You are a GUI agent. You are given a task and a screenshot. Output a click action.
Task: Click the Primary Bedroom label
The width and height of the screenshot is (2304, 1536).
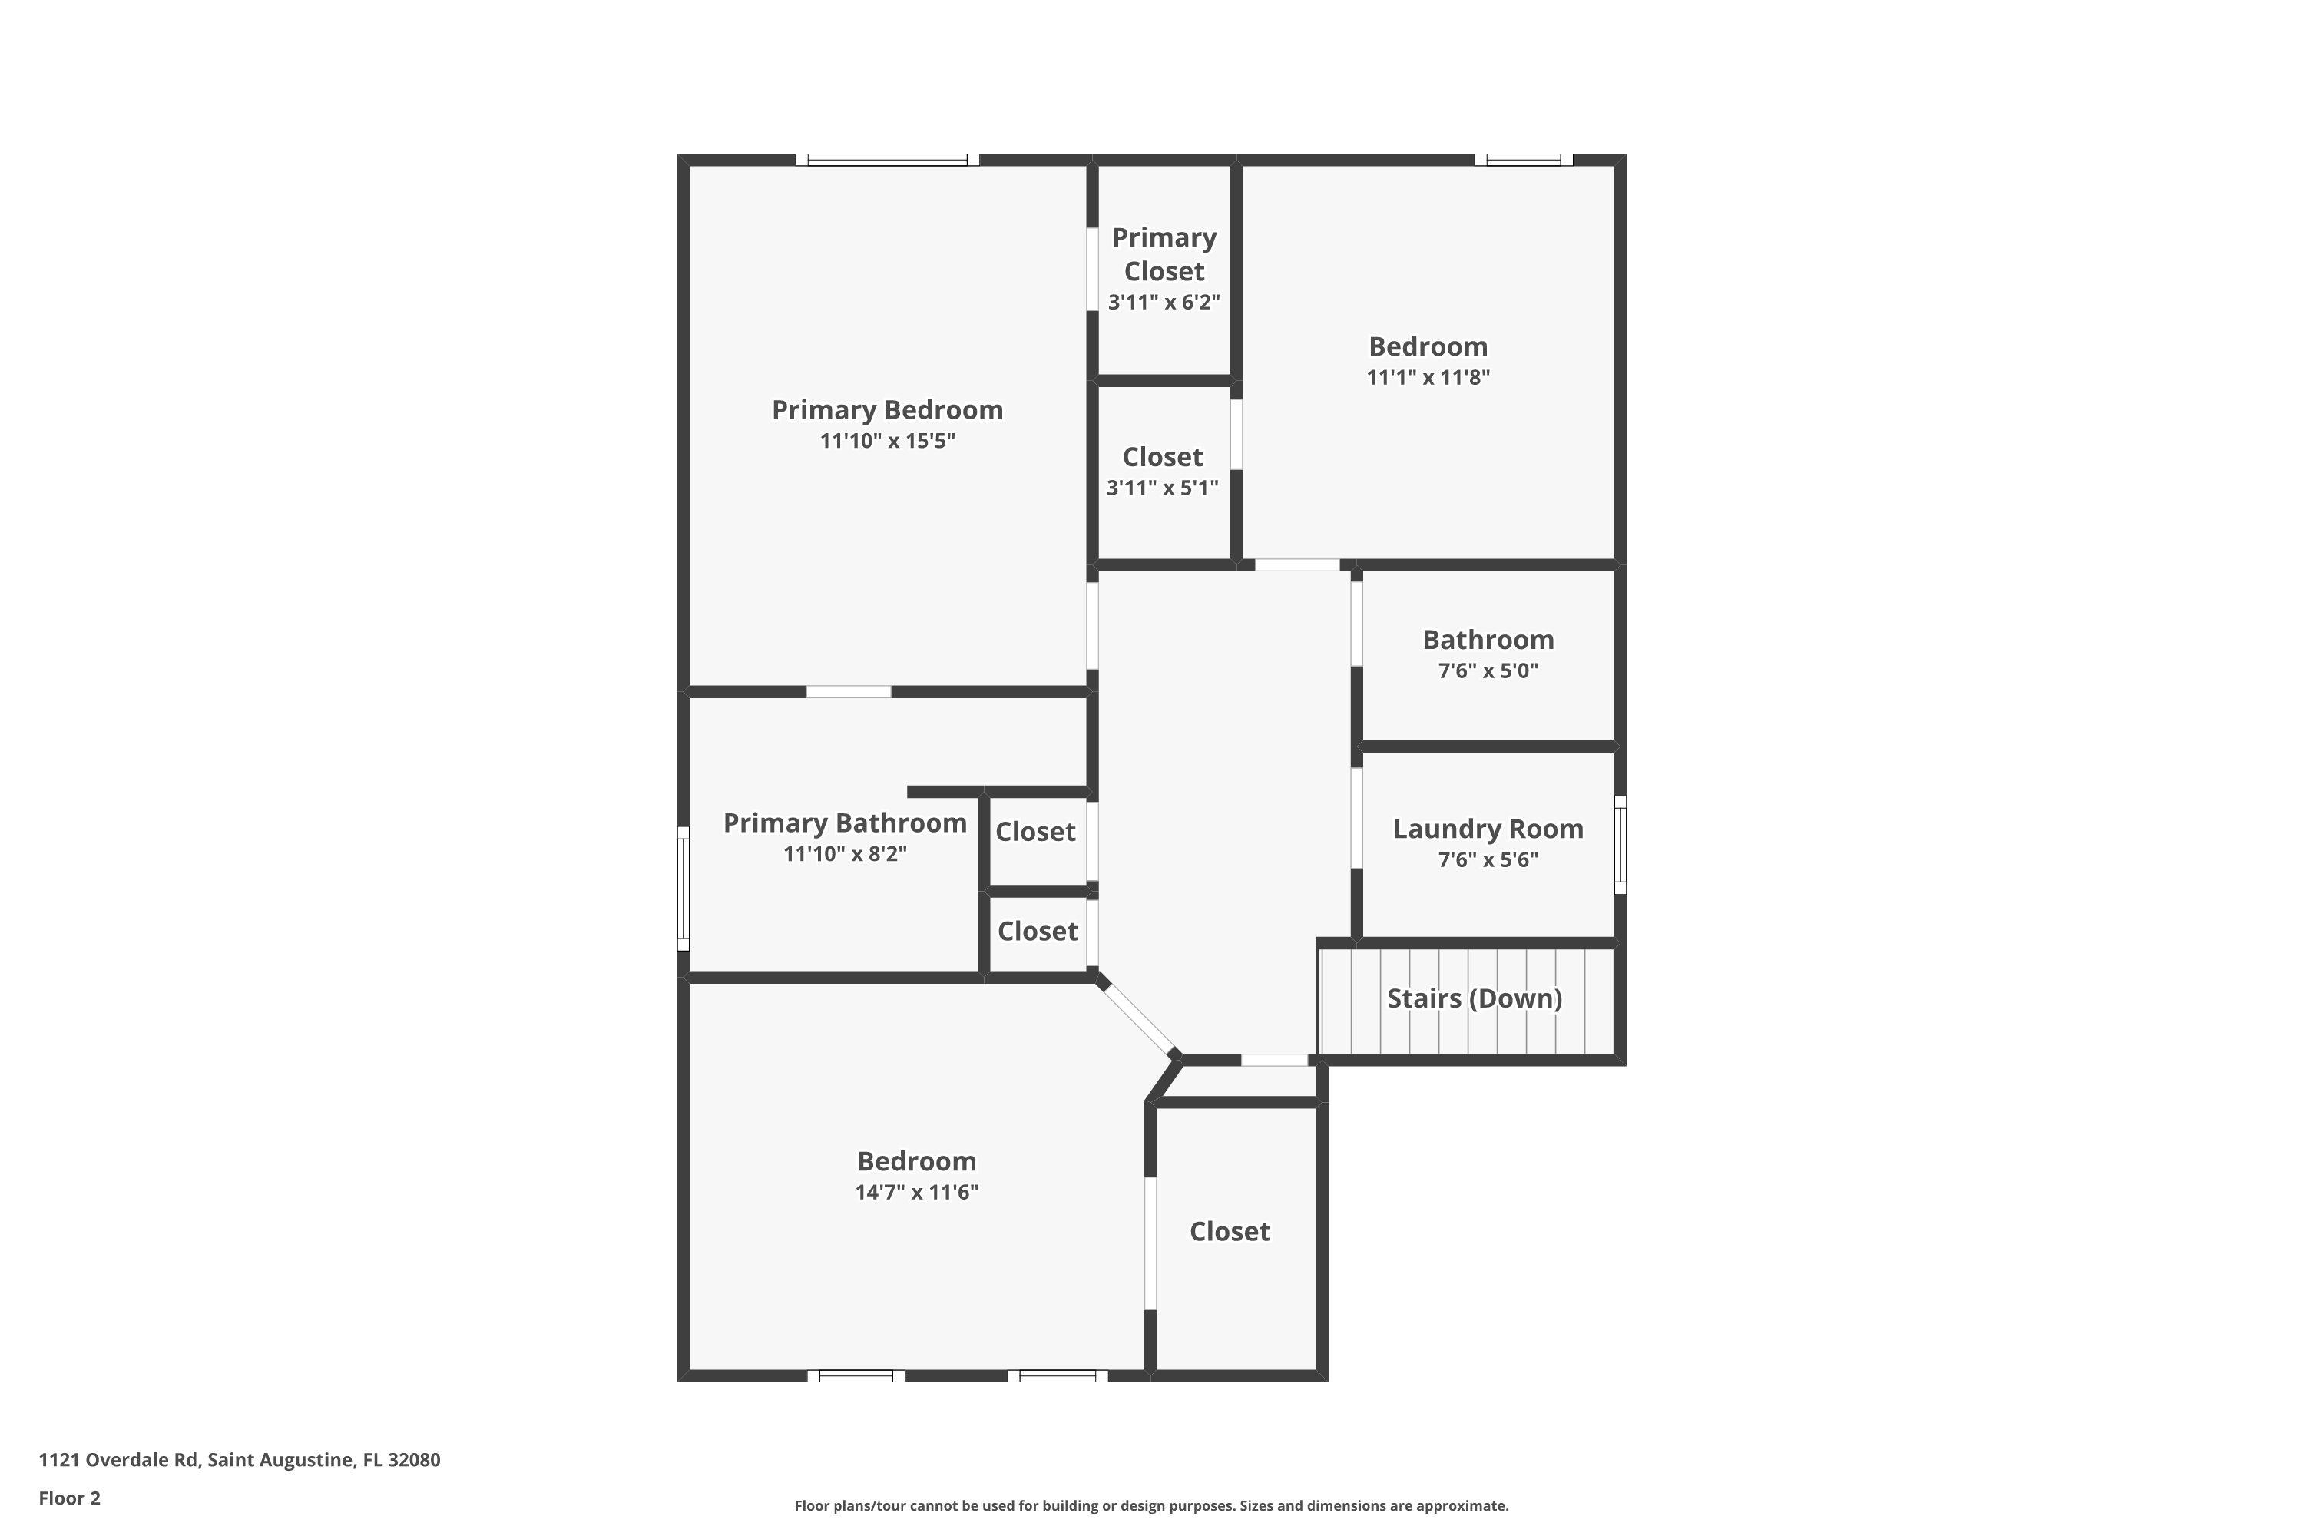(888, 409)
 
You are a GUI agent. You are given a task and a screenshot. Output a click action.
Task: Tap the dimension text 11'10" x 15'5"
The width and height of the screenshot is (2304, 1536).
(888, 441)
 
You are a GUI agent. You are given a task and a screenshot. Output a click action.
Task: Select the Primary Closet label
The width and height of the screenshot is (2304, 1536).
(1164, 253)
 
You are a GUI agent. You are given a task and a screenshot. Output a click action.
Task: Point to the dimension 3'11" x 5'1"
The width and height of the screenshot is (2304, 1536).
(1163, 488)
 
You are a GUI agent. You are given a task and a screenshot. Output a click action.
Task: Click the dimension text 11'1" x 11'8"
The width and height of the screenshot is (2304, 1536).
(1428, 377)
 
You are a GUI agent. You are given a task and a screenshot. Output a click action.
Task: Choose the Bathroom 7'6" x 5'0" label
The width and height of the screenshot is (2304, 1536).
(1488, 654)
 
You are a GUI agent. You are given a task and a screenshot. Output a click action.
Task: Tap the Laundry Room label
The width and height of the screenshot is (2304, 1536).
(1488, 829)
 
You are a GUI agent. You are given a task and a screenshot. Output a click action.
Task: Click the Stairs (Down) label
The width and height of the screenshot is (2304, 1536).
(1475, 998)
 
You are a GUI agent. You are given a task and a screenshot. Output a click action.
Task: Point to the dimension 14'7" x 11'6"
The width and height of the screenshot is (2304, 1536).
(917, 1192)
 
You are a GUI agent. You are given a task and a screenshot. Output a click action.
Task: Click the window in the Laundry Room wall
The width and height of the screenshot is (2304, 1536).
(1620, 844)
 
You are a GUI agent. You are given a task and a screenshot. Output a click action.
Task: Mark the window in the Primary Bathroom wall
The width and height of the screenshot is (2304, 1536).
(684, 889)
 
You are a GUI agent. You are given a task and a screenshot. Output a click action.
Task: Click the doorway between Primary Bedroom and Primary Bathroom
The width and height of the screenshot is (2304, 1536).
(849, 692)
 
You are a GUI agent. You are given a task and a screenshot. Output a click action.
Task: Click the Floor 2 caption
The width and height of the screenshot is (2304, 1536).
(70, 1498)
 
